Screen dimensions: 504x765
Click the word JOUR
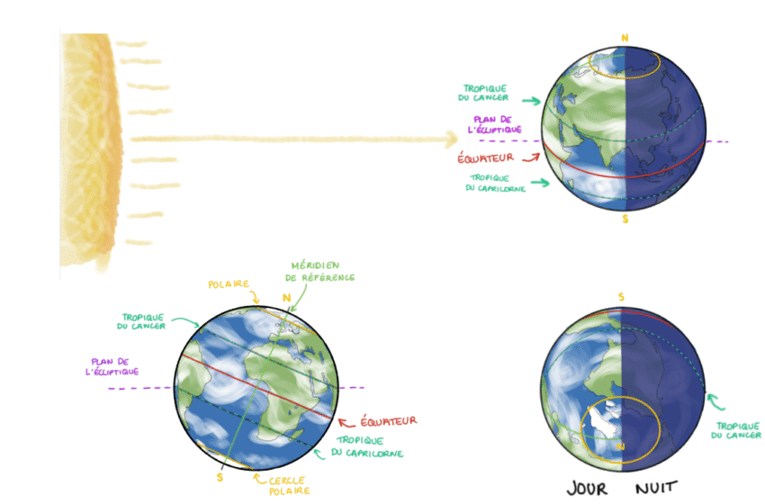point(587,488)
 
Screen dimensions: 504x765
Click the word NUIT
point(657,488)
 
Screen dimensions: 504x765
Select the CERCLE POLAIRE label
point(289,485)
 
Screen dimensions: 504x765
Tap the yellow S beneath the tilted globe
point(219,477)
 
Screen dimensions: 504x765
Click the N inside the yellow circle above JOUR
point(619,445)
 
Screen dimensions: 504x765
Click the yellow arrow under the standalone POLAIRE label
point(255,298)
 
